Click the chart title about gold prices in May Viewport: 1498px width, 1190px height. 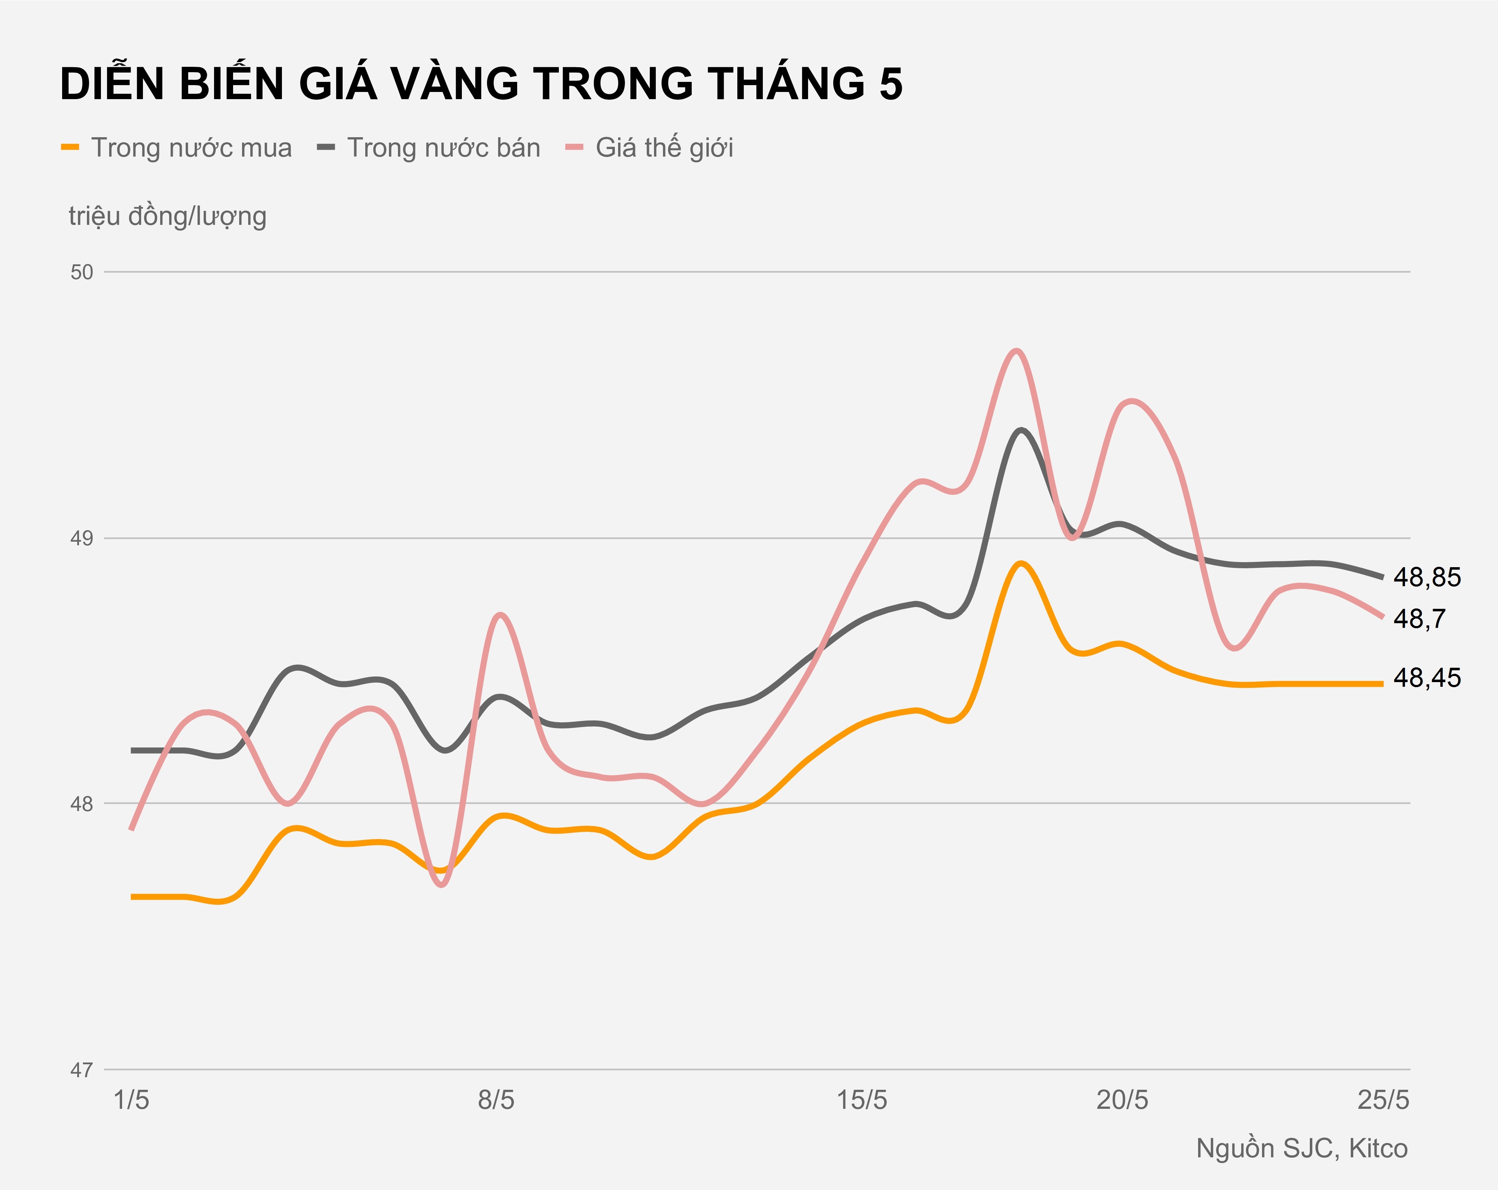[481, 84]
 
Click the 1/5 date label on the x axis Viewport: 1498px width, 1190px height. [131, 1100]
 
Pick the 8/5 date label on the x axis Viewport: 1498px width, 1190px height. [496, 1100]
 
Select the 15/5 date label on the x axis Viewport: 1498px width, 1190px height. [862, 1100]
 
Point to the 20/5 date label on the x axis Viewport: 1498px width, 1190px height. [1122, 1100]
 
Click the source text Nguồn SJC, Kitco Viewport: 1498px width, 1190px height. [1302, 1148]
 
